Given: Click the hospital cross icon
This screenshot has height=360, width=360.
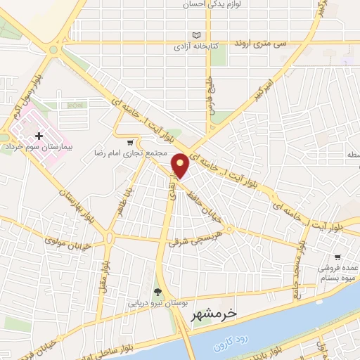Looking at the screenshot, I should pyautogui.click(x=39, y=135).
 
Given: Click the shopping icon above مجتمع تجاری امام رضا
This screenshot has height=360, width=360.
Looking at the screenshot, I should pyautogui.click(x=129, y=141).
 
